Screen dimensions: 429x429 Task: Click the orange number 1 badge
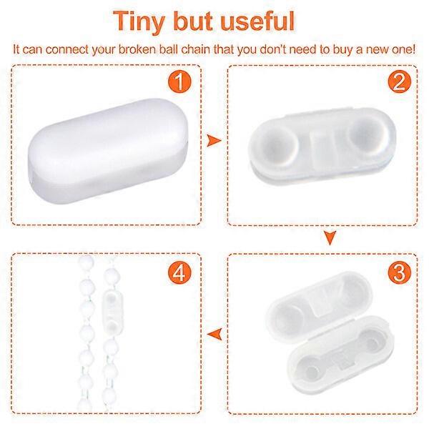tap(179, 82)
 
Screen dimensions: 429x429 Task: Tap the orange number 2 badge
tap(400, 82)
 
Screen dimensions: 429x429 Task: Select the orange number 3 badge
tap(400, 272)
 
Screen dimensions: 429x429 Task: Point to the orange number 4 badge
tap(179, 272)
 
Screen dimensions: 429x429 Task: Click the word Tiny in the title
tap(139, 22)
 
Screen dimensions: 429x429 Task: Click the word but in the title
tap(193, 21)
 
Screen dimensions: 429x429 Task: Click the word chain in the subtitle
tap(195, 49)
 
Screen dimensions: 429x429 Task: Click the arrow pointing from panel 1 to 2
tap(213, 141)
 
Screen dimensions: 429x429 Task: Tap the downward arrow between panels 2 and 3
tap(330, 237)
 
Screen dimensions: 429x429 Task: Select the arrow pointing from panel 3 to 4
tap(214, 334)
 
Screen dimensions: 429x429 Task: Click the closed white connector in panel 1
tap(108, 151)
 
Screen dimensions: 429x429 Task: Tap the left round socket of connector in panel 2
tap(276, 144)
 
